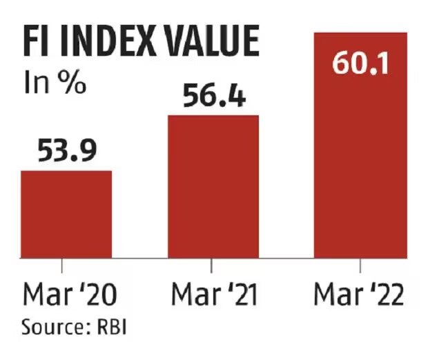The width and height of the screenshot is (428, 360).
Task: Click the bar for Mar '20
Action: point(66,214)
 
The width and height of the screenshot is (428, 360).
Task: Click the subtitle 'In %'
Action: point(55,85)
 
